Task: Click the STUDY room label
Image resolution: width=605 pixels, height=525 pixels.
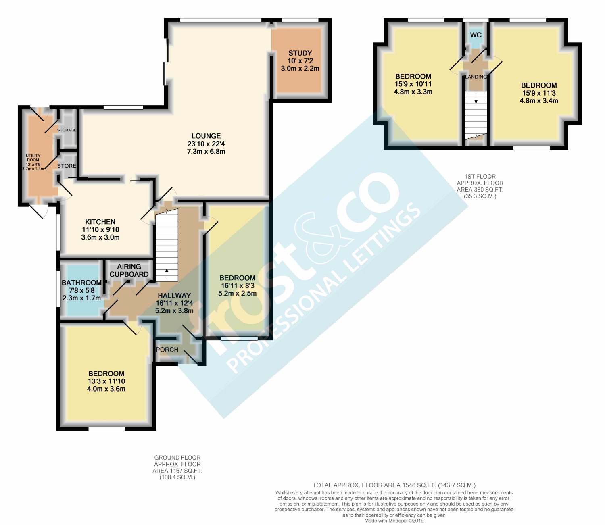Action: (300, 53)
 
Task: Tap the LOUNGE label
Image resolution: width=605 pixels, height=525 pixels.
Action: (206, 136)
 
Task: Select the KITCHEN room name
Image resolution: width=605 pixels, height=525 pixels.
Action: (100, 222)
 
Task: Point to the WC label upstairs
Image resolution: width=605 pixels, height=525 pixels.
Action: (476, 35)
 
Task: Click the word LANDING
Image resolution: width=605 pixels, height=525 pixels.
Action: (476, 77)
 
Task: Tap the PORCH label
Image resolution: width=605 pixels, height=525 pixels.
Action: (167, 350)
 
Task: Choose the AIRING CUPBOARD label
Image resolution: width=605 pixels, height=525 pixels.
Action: (129, 270)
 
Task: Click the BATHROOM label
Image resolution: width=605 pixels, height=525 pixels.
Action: (81, 283)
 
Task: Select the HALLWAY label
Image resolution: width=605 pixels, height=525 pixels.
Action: (174, 295)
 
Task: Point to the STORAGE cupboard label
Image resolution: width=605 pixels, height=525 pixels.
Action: (67, 130)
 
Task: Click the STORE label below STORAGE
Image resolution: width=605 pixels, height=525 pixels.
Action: (67, 166)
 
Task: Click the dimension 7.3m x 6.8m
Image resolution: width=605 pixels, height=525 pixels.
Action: (206, 152)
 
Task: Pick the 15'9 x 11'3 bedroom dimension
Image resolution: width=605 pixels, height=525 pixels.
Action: (539, 93)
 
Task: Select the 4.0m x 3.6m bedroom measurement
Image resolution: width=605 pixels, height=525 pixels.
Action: (106, 389)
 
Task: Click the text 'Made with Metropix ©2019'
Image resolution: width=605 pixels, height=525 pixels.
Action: (394, 521)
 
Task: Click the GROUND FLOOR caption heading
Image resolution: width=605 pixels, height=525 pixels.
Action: (177, 458)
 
